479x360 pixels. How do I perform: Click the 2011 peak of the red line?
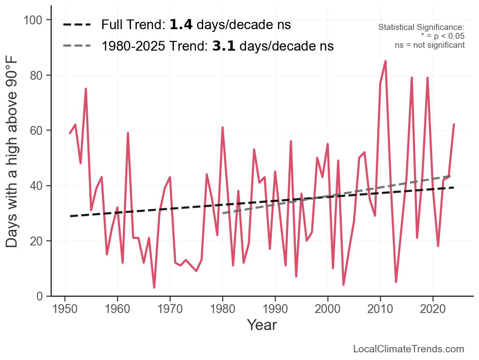click(386, 61)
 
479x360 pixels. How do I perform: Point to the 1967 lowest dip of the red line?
click(154, 288)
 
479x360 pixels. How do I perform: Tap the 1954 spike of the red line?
click(86, 89)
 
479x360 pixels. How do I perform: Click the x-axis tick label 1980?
click(223, 308)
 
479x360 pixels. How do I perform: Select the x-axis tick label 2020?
click(433, 308)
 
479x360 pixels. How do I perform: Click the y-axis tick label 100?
click(35, 20)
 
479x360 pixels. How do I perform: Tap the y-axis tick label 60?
click(39, 130)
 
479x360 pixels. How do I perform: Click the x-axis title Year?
click(262, 325)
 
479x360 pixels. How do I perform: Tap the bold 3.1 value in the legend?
click(224, 46)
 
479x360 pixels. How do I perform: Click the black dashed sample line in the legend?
click(77, 25)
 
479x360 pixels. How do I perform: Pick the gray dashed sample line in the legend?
click(77, 46)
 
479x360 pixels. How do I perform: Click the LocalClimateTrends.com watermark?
click(409, 349)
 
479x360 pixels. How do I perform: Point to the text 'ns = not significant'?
click(430, 45)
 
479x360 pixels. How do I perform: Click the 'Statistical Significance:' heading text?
click(421, 28)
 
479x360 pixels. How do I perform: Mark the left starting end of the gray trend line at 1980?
click(223, 213)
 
